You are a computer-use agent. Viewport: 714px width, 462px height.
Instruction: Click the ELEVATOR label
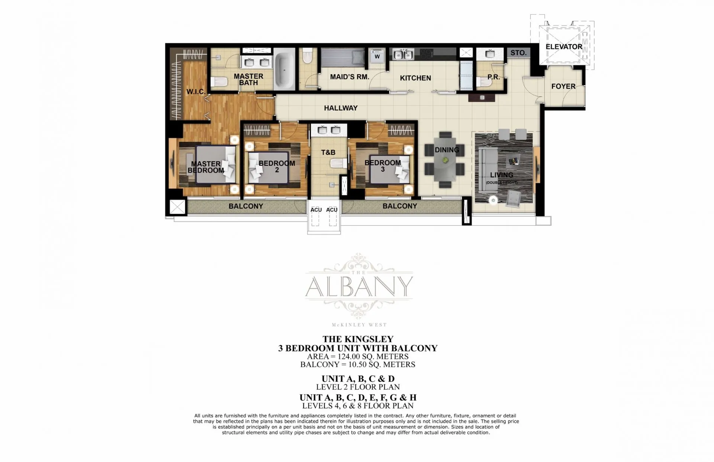(x=564, y=47)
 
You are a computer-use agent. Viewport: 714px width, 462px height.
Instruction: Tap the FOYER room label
(x=563, y=86)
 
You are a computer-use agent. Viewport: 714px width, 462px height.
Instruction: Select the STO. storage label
(x=518, y=53)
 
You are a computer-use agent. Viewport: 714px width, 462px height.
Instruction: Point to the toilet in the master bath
(x=219, y=82)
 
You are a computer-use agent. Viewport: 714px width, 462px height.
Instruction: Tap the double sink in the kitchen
(x=403, y=55)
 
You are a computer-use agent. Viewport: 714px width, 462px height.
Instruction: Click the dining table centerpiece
(x=445, y=160)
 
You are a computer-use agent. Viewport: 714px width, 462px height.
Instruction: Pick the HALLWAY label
(x=341, y=108)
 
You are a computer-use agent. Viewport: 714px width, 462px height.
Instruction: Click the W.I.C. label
(x=196, y=91)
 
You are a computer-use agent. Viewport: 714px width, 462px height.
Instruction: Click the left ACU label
(x=316, y=210)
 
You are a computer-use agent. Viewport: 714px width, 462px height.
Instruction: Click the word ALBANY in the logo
(x=359, y=287)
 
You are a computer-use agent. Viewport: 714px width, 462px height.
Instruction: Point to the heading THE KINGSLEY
(x=358, y=339)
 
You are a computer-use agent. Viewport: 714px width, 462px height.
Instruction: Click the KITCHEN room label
(x=415, y=78)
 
